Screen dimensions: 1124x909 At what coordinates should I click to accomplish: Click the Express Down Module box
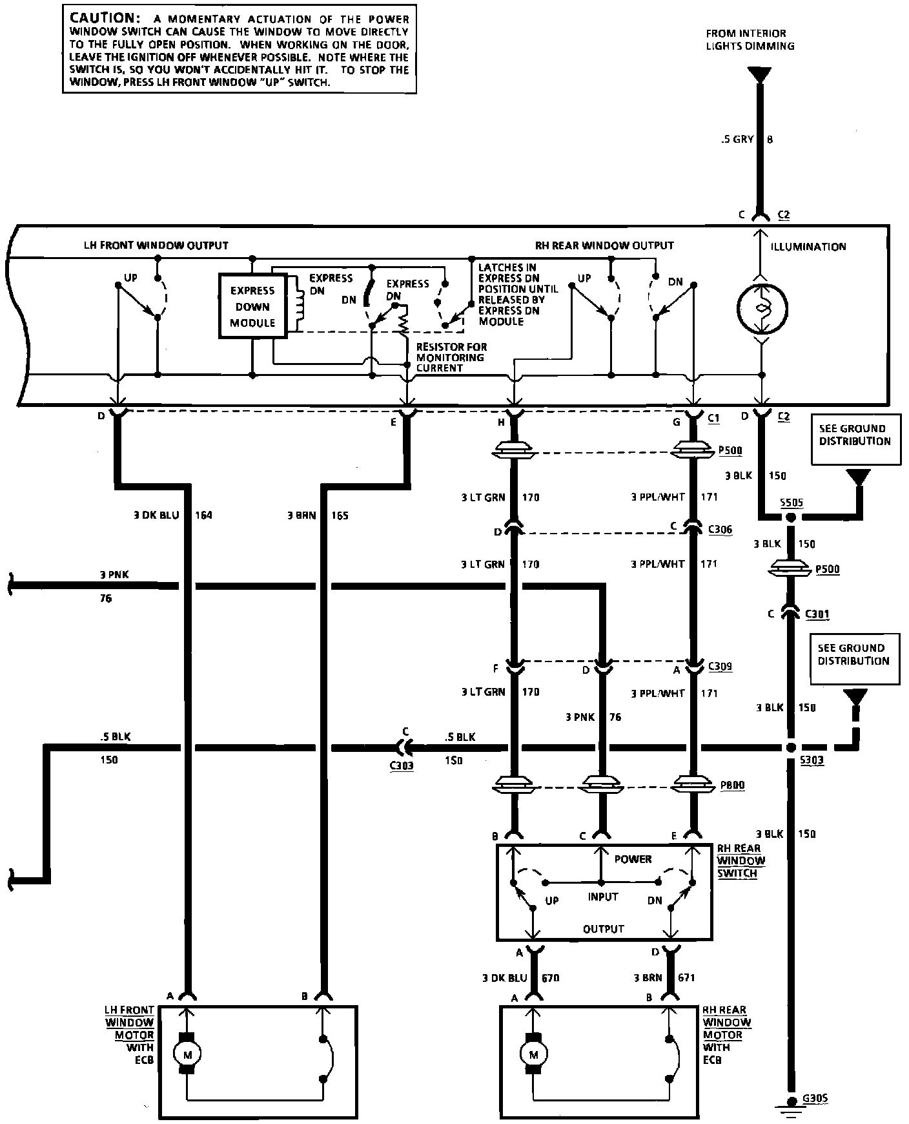252,306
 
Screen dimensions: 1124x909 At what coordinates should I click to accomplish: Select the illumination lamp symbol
762,309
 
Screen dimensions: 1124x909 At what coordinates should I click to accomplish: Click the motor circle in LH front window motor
188,1054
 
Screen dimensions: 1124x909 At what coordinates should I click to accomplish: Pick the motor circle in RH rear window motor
533,1054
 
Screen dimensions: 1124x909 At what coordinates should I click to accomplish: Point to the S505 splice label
792,503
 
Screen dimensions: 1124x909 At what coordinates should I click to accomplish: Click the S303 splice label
812,761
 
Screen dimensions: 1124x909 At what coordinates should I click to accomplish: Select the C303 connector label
402,765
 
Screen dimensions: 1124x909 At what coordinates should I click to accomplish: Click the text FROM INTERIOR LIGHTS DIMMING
750,39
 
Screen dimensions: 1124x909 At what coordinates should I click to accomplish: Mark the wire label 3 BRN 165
318,515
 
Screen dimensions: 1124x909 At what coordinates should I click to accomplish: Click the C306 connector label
720,530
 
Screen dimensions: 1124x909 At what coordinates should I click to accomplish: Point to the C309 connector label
720,666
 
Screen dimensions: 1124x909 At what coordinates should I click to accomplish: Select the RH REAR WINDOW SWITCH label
740,860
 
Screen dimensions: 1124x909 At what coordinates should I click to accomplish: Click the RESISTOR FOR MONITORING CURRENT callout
451,357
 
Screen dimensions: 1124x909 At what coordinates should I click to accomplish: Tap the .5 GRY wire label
738,139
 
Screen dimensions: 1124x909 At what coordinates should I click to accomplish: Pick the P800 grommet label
732,786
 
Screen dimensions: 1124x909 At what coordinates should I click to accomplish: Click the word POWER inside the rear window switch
633,859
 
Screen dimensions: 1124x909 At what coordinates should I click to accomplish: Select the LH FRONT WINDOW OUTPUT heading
156,245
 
